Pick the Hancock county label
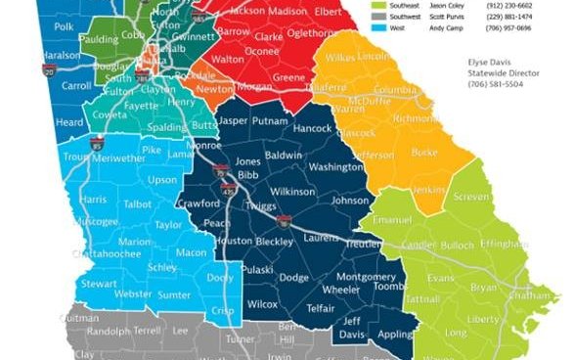tap(312, 128)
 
